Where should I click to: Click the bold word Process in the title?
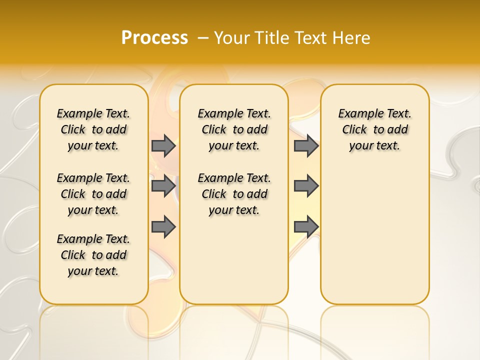tap(154, 37)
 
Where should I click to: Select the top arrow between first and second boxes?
tap(163, 145)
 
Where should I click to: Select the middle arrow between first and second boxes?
tap(163, 186)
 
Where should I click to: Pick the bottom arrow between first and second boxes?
tap(163, 227)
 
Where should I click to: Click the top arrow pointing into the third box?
tap(305, 145)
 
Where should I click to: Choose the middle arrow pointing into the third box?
tap(305, 186)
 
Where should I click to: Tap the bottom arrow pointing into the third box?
tap(305, 227)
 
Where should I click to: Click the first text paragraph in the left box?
tap(93, 129)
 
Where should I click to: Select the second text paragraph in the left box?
tap(93, 194)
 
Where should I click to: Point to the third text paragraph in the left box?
tap(93, 255)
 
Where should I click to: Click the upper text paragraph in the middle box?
tap(234, 129)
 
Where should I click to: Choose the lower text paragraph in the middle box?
tap(234, 194)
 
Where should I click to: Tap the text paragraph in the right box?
tap(375, 129)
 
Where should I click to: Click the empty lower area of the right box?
tap(375, 235)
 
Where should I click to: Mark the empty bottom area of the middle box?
tap(234, 265)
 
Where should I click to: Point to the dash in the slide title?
tap(203, 37)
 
